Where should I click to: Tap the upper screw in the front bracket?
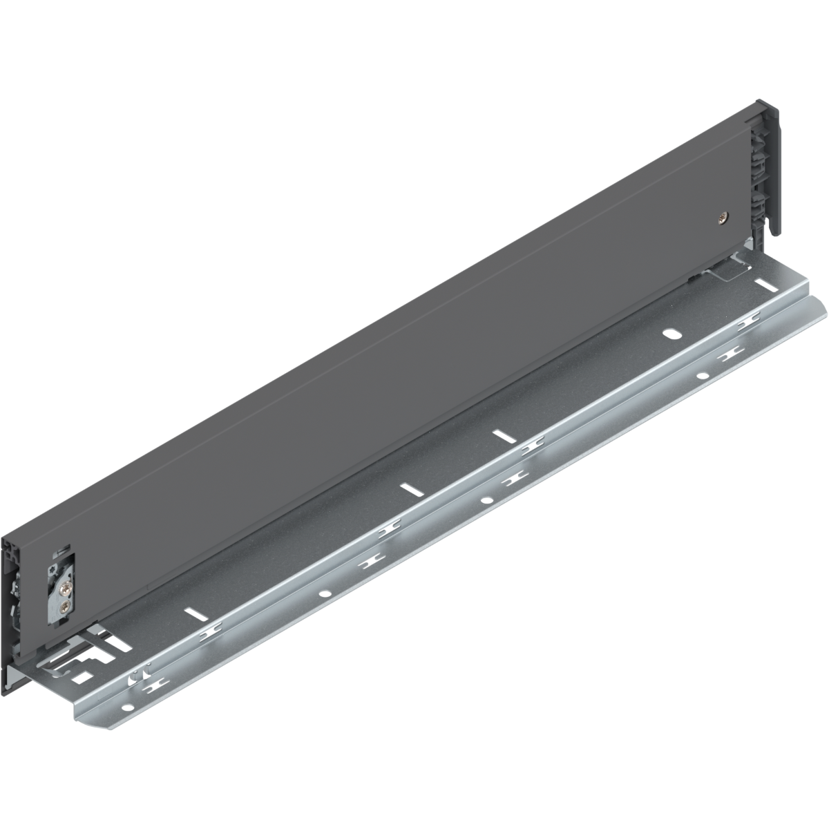click(64, 571)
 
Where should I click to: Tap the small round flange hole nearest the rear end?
click(701, 377)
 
